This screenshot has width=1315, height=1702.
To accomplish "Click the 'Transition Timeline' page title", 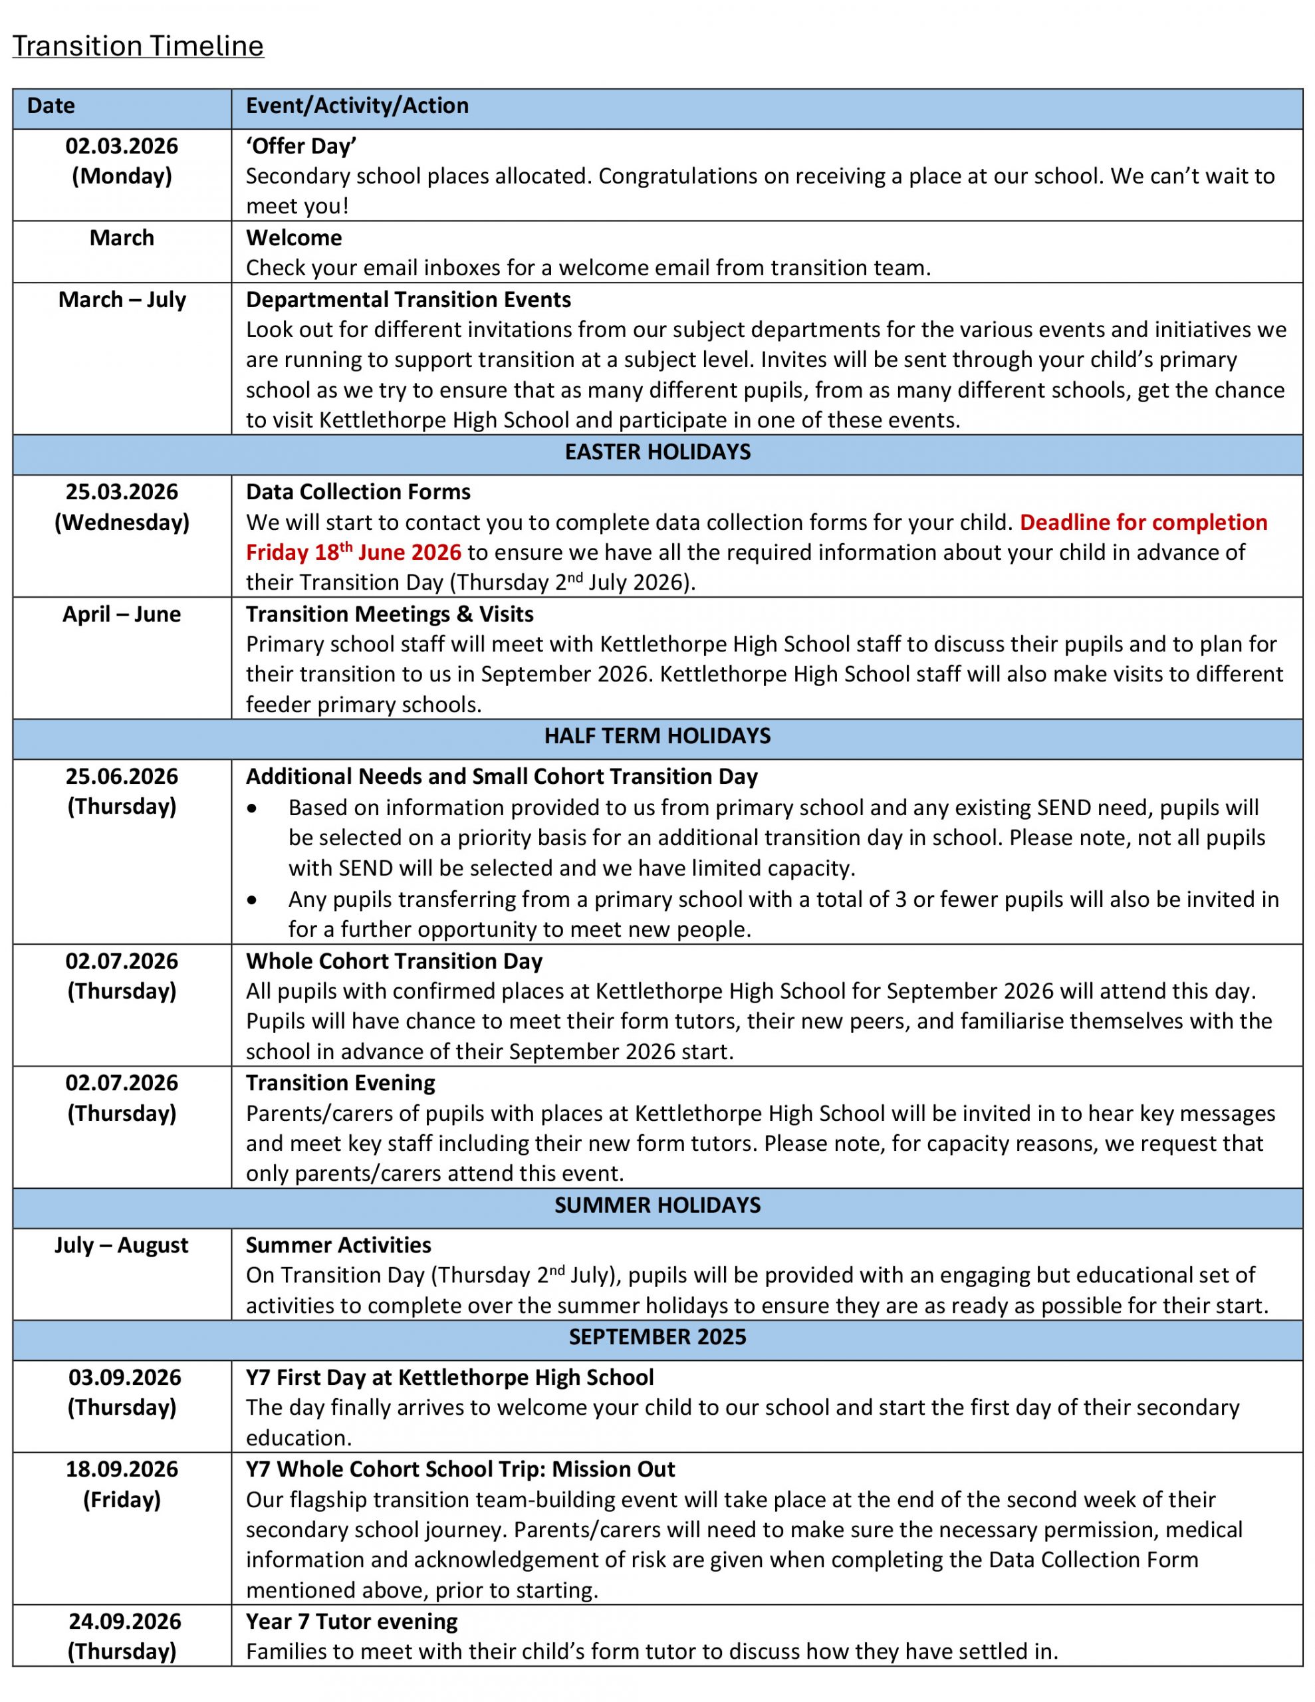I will [x=138, y=46].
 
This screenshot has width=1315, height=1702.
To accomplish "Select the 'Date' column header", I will [x=51, y=106].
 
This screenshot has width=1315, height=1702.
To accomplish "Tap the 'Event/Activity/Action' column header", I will [x=357, y=106].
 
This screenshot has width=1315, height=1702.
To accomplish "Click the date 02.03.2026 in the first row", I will [x=122, y=146].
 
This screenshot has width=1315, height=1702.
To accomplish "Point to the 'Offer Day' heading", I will [x=301, y=146].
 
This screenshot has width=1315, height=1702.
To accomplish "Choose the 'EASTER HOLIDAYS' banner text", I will [x=657, y=452].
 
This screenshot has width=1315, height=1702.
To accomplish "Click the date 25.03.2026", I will [x=122, y=492].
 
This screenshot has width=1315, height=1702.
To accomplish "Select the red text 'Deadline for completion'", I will [x=1143, y=522].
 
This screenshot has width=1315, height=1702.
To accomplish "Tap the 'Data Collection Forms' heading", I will [x=358, y=492].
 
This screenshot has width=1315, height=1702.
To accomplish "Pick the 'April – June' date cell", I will [x=122, y=614].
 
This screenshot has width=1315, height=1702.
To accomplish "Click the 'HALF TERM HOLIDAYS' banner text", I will [x=657, y=736].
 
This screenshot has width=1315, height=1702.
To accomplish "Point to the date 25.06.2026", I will [x=122, y=776].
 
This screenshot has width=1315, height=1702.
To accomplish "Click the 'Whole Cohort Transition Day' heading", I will [x=394, y=961].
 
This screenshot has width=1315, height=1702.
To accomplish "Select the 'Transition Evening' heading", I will [x=340, y=1082].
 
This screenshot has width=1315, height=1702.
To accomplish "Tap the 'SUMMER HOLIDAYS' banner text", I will [x=657, y=1205].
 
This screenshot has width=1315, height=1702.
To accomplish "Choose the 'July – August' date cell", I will [x=122, y=1245].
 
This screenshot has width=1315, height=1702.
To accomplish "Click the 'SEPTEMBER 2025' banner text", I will [x=657, y=1336].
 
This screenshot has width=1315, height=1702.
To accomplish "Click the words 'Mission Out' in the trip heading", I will [x=613, y=1469].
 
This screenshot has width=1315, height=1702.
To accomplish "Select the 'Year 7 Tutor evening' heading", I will [x=352, y=1621].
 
